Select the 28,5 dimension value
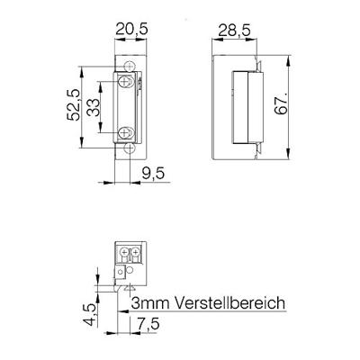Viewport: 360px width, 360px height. click(236, 30)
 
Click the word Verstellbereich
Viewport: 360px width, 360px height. click(226, 303)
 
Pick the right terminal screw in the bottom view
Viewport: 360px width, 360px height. click(135, 253)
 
